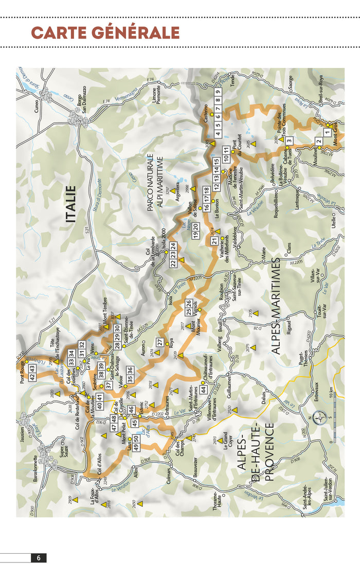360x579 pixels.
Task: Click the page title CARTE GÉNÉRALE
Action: (105, 32)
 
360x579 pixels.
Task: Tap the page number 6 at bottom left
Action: (39, 558)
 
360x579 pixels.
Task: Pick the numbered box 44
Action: (204, 390)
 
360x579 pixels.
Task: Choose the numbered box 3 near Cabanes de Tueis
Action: (290, 141)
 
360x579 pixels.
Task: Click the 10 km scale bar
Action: (332, 417)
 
